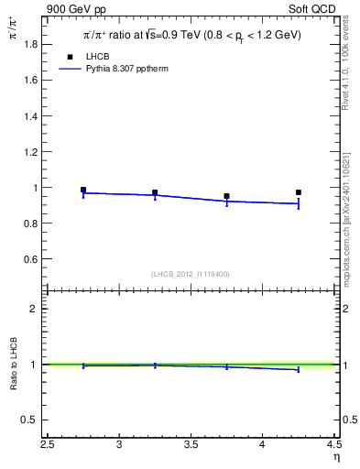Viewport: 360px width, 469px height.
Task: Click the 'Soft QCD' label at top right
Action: point(315,8)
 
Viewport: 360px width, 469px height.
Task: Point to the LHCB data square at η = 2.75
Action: point(83,190)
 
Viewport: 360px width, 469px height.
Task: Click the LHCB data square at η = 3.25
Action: point(155,192)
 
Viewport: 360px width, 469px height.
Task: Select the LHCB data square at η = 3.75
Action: point(226,196)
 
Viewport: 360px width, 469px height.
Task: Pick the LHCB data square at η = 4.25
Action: point(299,192)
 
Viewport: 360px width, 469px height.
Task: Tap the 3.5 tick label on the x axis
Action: point(191,446)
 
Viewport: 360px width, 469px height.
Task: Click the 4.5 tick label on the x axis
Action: point(333,446)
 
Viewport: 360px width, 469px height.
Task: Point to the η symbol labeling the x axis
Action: point(337,459)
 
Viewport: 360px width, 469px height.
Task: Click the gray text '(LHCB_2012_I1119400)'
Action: point(191,274)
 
